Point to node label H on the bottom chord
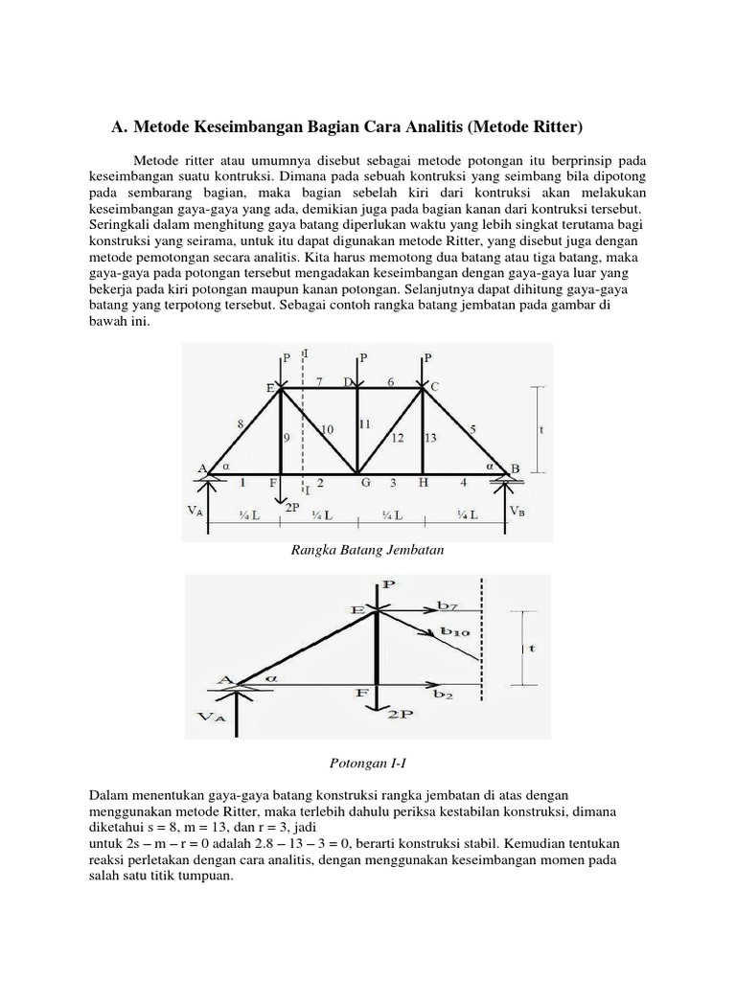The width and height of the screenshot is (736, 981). pyautogui.click(x=423, y=484)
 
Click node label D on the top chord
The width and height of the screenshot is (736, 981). pyautogui.click(x=347, y=382)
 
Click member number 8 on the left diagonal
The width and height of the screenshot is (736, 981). pyautogui.click(x=239, y=422)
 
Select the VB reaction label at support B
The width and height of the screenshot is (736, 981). pyautogui.click(x=517, y=511)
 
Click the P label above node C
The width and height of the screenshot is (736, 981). pyautogui.click(x=427, y=356)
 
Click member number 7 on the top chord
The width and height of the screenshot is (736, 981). pyautogui.click(x=320, y=381)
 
